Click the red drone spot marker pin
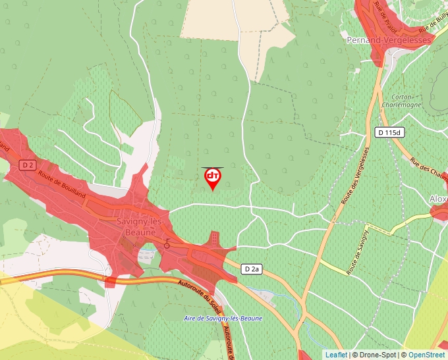tap(213, 178)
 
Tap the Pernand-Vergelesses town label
tap(388, 40)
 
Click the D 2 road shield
tap(26, 164)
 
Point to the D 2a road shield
tap(252, 269)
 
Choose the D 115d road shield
tap(388, 132)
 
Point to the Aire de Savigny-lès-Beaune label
tap(223, 319)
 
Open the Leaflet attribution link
tap(336, 355)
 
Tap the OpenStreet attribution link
tap(428, 355)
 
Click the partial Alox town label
tap(438, 199)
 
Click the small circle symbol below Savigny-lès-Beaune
tap(167, 245)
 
